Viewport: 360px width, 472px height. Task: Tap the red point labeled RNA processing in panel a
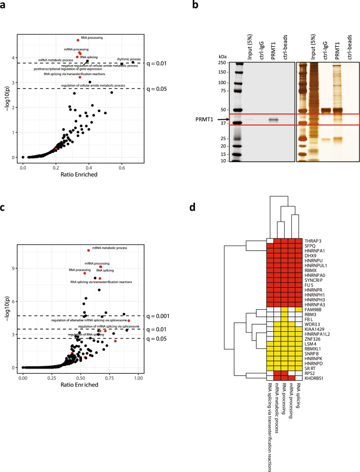[78, 40]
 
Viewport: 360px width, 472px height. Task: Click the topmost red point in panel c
[88, 250]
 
